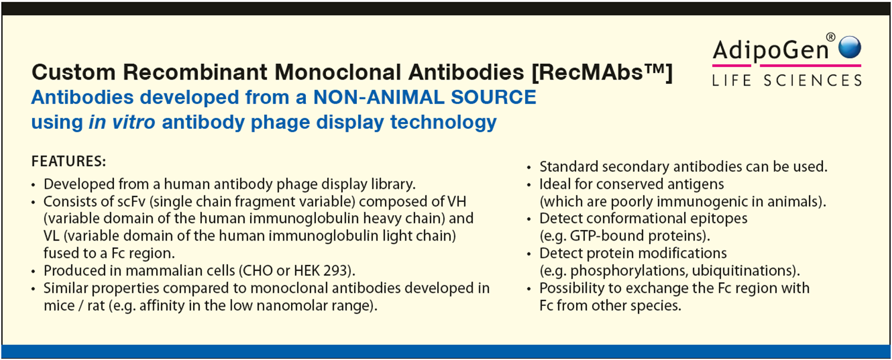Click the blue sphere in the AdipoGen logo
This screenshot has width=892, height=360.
click(x=849, y=47)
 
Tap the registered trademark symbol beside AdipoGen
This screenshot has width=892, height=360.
click(x=830, y=37)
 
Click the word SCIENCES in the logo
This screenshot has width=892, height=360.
click(x=813, y=80)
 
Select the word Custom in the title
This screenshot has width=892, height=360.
click(x=73, y=72)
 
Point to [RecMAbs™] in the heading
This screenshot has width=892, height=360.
click(x=602, y=72)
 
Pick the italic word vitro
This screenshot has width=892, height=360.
click(x=134, y=122)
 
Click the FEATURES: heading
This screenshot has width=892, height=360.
click(x=68, y=161)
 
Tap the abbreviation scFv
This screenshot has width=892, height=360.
click(x=131, y=201)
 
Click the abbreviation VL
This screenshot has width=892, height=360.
click(x=51, y=236)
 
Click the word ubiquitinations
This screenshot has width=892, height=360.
click(x=742, y=271)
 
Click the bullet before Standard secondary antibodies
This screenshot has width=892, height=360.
click(x=529, y=168)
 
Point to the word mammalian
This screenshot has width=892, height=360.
click(x=181, y=271)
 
